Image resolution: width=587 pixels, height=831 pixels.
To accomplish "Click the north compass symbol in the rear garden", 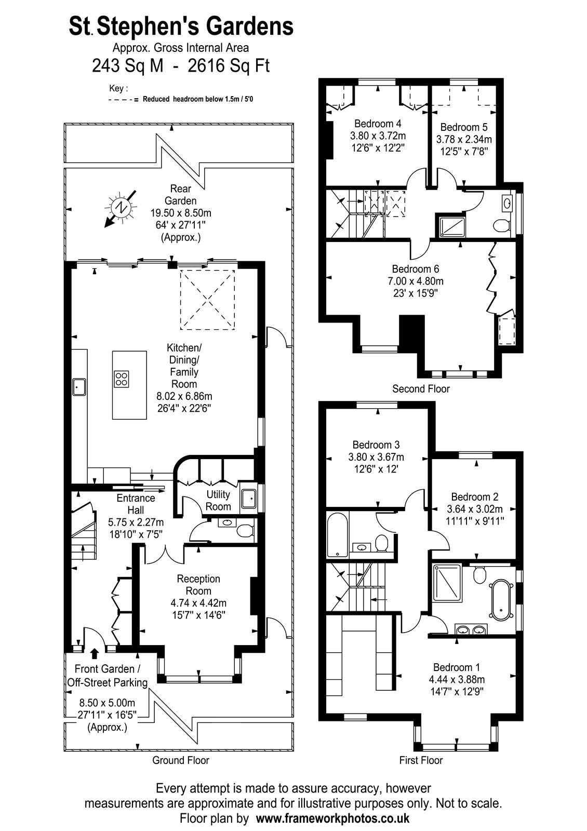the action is pyautogui.click(x=121, y=208).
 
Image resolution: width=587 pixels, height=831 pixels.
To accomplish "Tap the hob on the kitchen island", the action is pyautogui.click(x=122, y=379).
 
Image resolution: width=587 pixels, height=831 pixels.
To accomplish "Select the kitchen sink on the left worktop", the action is pyautogui.click(x=78, y=386).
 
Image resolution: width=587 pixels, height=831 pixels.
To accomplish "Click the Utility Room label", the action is pyautogui.click(x=218, y=500).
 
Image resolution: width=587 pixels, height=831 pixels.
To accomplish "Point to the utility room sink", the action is pyautogui.click(x=248, y=498).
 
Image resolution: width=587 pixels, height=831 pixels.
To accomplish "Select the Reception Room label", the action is pyautogui.click(x=198, y=585).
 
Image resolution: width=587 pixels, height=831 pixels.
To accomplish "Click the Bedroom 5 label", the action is pyautogui.click(x=464, y=127).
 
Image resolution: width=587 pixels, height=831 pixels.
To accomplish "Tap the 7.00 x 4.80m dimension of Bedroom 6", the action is pyautogui.click(x=416, y=281).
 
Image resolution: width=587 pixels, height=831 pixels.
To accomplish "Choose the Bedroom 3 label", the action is pyautogui.click(x=376, y=445).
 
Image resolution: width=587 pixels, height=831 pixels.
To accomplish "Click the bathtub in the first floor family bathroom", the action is pyautogui.click(x=338, y=534).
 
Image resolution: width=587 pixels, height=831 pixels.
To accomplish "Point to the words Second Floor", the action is pyautogui.click(x=421, y=389).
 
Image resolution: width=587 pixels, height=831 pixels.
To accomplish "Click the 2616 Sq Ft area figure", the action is pyautogui.click(x=229, y=66).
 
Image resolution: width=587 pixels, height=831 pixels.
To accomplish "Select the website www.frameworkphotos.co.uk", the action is pyautogui.click(x=333, y=818).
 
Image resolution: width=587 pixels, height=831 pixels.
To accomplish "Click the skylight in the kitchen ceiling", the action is pyautogui.click(x=207, y=300).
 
